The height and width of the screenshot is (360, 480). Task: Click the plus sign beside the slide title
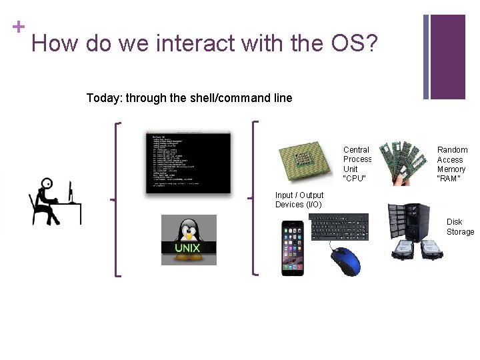click(18, 27)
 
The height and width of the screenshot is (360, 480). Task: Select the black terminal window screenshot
click(189, 162)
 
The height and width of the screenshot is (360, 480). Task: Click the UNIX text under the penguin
click(187, 248)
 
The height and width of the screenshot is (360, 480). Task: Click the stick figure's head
click(47, 184)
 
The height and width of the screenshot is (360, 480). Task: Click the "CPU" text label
click(355, 179)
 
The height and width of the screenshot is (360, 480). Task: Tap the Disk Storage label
click(459, 227)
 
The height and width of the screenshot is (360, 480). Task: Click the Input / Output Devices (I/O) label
click(299, 199)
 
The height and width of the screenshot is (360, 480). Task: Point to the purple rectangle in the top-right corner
click(447, 57)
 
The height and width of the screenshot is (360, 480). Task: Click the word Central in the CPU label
click(356, 150)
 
